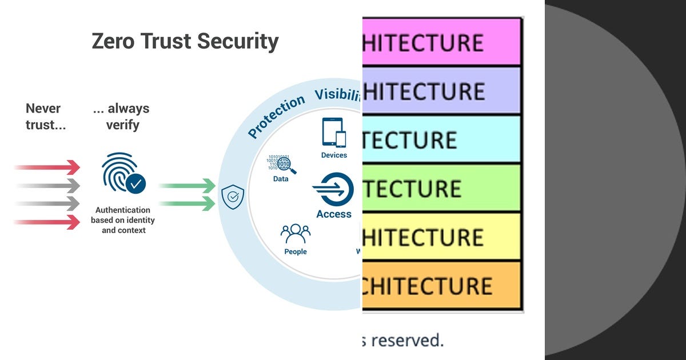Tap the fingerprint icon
(118, 171)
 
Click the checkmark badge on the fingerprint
(136, 183)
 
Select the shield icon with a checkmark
(233, 197)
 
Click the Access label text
(334, 214)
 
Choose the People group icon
(296, 233)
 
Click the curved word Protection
(276, 117)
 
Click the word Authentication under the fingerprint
(123, 210)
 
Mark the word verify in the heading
(123, 125)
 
